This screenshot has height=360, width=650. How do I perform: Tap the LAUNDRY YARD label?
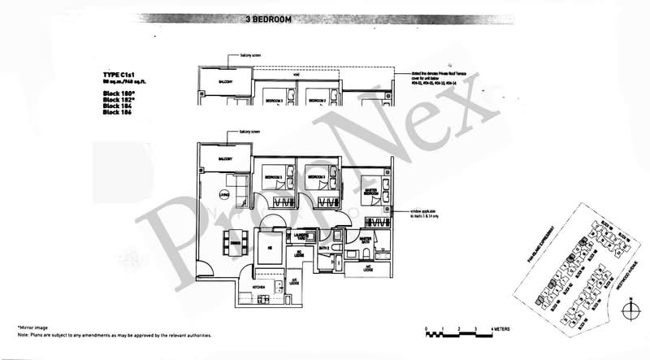click(300, 236)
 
